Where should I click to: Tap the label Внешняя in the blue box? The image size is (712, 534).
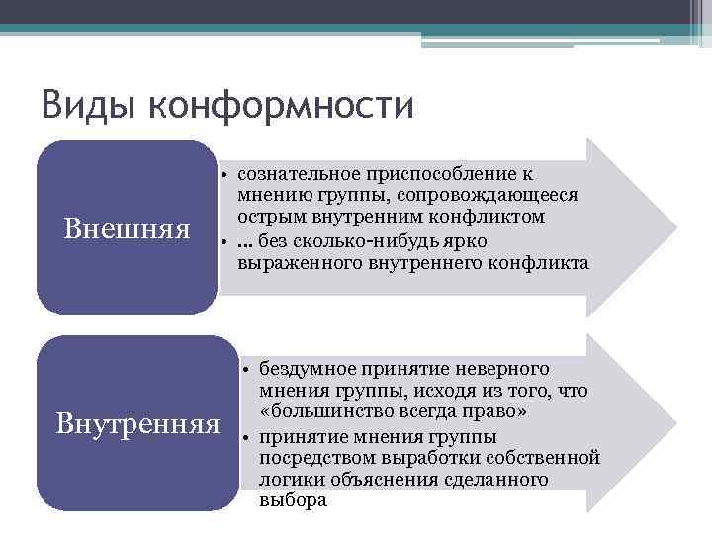click(x=127, y=229)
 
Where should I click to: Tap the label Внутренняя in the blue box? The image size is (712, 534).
click(x=138, y=424)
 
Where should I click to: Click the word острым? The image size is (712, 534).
click(x=268, y=218)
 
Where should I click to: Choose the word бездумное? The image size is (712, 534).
click(x=306, y=368)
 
